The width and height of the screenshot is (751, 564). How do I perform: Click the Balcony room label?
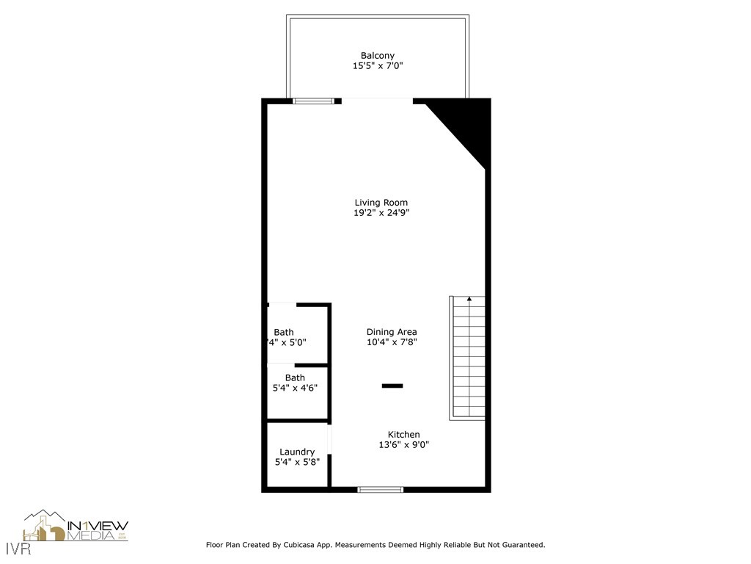(378, 56)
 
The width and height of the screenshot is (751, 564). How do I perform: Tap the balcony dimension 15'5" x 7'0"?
(378, 66)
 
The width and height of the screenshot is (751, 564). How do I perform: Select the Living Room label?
(381, 203)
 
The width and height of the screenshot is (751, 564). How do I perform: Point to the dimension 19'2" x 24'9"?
(381, 213)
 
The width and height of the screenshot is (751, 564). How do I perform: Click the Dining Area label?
(392, 332)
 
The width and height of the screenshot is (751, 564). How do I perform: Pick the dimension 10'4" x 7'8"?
(392, 342)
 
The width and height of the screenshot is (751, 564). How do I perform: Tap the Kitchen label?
(403, 435)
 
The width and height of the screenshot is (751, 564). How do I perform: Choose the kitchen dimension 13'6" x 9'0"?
(403, 445)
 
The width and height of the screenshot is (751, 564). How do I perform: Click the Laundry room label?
(297, 452)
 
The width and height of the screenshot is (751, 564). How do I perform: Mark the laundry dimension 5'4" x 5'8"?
(297, 462)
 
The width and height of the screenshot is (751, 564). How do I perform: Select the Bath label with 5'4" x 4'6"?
(295, 378)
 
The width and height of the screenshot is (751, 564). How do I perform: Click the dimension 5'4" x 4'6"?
(295, 388)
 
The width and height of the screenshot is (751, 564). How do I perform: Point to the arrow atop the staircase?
(469, 299)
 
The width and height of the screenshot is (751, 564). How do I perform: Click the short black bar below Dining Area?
(392, 386)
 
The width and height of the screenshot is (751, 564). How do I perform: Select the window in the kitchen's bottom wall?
(380, 489)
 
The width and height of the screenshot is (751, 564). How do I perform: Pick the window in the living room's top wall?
(313, 101)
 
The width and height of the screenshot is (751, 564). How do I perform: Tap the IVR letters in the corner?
(15, 549)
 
